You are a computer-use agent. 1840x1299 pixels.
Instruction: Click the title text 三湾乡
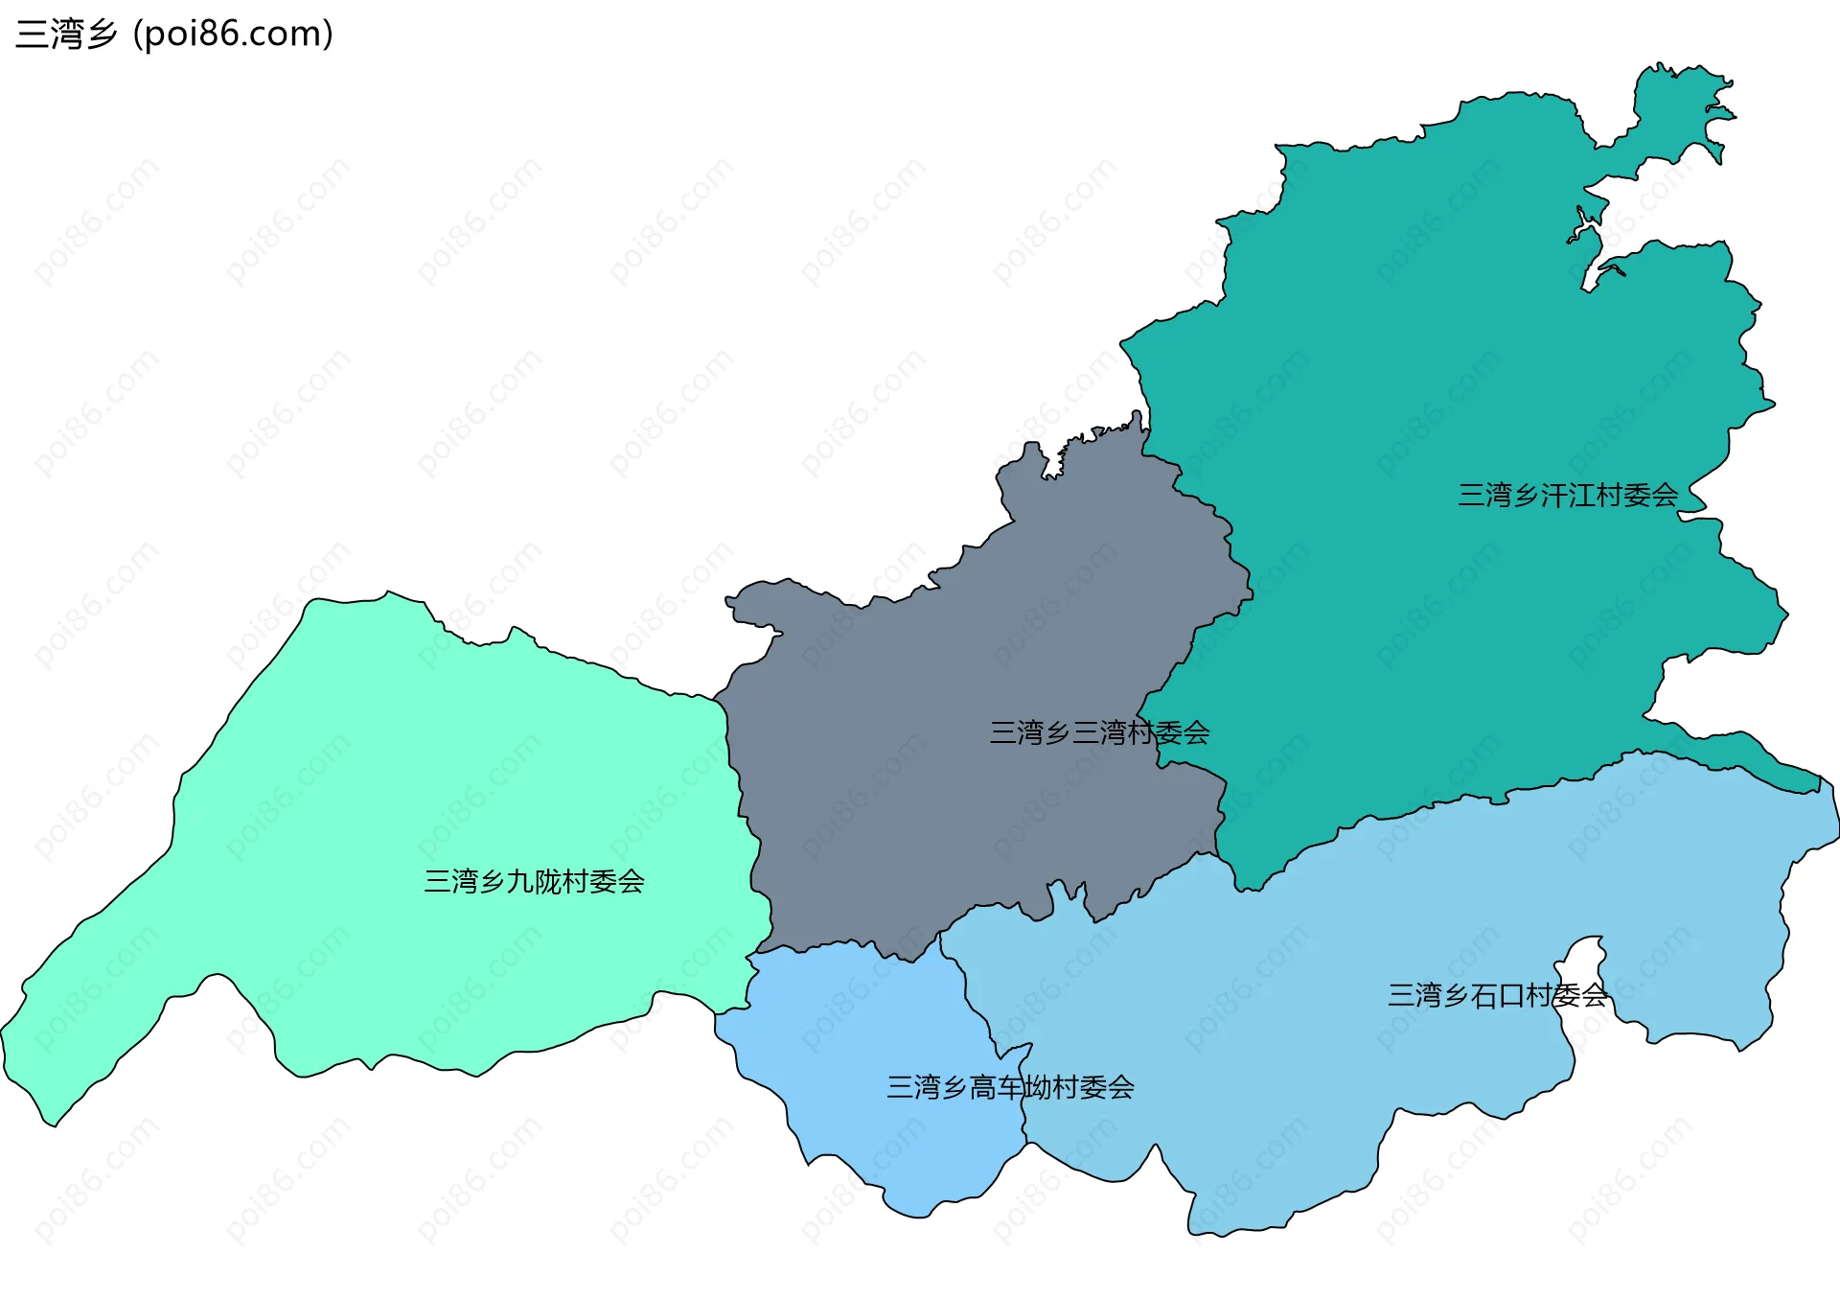pos(65,35)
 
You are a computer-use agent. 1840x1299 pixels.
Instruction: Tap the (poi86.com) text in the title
pos(234,35)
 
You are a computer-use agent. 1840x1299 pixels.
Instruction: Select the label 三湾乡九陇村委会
pos(534,881)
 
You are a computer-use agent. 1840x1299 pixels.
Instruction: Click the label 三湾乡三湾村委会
pos(1099,733)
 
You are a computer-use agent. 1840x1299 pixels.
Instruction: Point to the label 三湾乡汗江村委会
pos(1567,496)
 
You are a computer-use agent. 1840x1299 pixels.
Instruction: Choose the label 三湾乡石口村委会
pos(1497,996)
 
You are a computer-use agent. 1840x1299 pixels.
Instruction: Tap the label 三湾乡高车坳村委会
pos(1010,1087)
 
